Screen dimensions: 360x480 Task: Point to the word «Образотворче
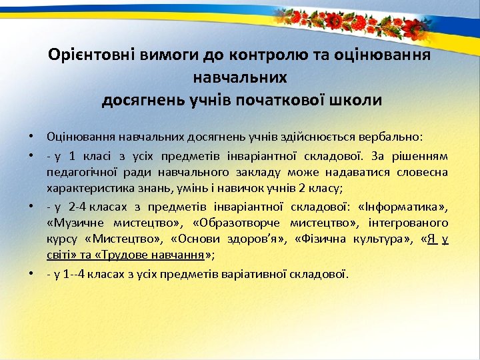pos(227,223)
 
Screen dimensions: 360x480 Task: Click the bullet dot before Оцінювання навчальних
pos(31,137)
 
